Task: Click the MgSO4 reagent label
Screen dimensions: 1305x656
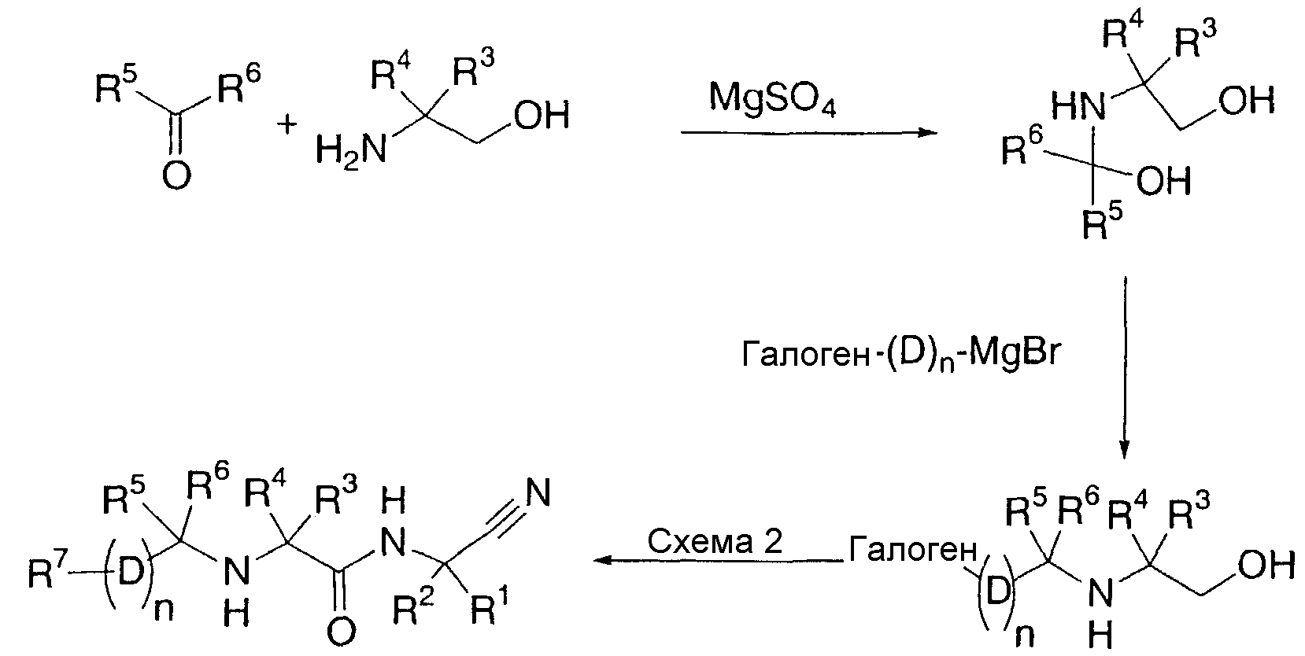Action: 772,99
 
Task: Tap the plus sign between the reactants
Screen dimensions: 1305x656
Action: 287,124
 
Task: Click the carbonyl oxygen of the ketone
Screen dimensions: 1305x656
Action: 176,175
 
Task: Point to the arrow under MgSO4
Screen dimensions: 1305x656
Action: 809,133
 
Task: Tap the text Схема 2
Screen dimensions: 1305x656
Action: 715,541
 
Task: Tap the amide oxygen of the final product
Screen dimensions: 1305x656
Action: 341,632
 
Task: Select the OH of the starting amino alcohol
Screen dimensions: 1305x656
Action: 542,115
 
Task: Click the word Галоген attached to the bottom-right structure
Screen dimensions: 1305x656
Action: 912,550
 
